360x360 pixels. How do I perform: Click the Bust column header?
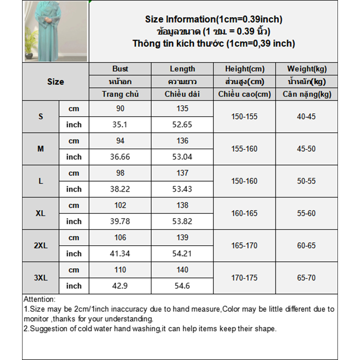coord(120,69)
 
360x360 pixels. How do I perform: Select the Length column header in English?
coord(182,69)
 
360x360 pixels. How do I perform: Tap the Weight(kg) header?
coord(306,69)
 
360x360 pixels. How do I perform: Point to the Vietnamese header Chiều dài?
coord(182,94)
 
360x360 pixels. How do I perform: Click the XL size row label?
coord(40,213)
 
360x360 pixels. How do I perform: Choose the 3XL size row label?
coord(40,278)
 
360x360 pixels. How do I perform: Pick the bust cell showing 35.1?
coord(120,125)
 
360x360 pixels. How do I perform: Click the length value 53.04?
coord(182,157)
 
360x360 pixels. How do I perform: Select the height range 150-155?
coord(244,117)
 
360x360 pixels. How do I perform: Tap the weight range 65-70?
coord(306,278)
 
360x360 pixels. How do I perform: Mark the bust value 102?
coord(120,205)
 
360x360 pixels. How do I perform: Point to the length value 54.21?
coord(182,254)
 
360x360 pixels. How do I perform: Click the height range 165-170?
coord(244,246)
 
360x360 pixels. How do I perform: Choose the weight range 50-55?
coord(306,181)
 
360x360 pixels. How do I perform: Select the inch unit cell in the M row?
coord(74,157)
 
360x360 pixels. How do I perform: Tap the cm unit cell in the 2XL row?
coord(74,238)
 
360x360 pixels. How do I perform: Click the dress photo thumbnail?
coord(55,31)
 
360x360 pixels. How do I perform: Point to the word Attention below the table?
coord(39,299)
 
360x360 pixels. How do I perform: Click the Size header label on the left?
coord(55,82)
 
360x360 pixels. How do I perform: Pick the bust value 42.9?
coord(120,286)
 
